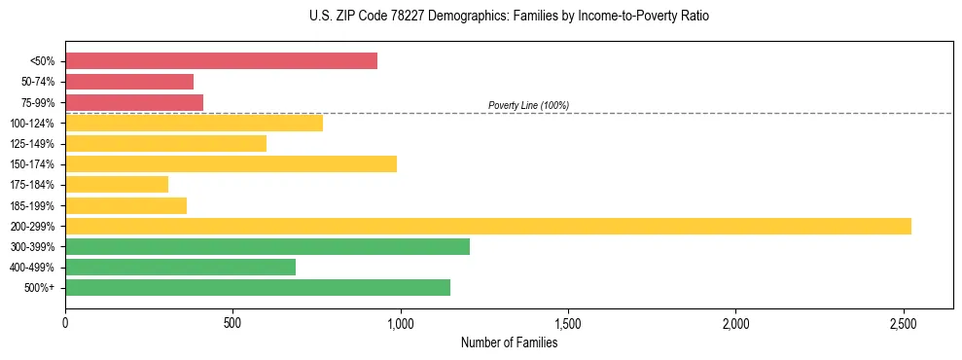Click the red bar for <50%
(221, 61)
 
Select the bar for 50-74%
(129, 82)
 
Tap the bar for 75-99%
(134, 102)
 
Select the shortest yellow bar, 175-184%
(117, 184)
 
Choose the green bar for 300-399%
(267, 246)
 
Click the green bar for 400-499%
(180, 267)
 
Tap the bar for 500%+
(258, 287)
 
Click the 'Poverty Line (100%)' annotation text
(528, 105)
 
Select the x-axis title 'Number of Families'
(509, 342)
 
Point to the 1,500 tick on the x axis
(568, 322)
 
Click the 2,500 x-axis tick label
(904, 322)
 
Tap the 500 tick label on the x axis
(232, 322)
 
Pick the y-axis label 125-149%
(32, 144)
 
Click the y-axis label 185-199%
(32, 205)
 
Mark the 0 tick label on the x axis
(65, 322)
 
